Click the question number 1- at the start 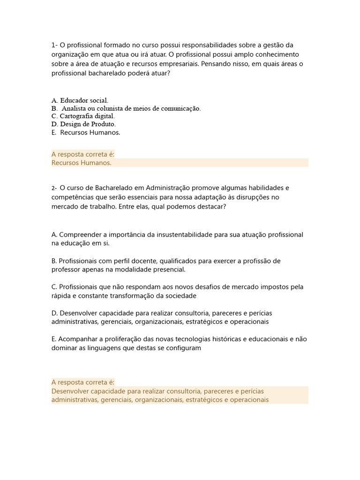click(x=54, y=45)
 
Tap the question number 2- click(x=54, y=188)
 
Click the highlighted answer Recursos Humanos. click(x=81, y=163)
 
